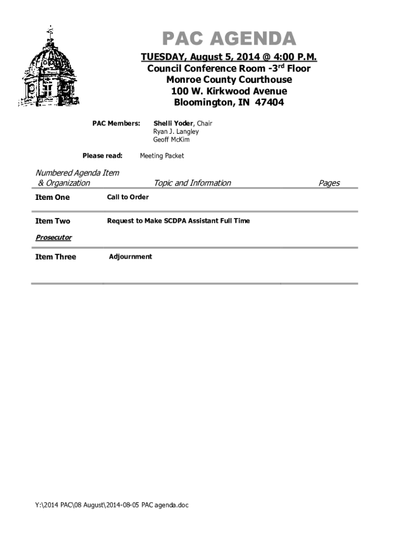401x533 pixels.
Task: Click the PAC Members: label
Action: click(x=116, y=123)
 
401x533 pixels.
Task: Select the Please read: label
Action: click(x=103, y=156)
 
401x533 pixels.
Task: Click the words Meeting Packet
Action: click(x=161, y=156)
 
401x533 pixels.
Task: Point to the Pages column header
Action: click(x=329, y=183)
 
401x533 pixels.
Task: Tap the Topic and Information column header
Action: click(x=192, y=183)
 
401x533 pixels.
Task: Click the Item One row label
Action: click(x=52, y=197)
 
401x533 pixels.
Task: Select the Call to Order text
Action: click(x=128, y=197)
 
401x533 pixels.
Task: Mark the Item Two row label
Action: click(x=52, y=221)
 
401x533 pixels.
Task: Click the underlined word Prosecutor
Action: click(x=53, y=238)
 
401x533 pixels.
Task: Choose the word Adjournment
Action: click(x=130, y=257)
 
